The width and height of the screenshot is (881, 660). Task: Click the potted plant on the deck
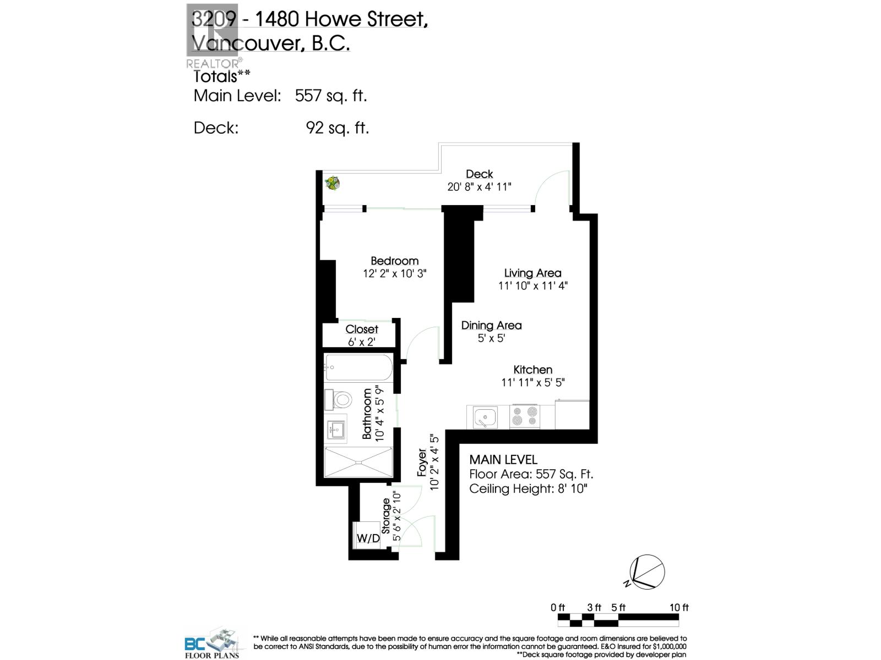pos(332,183)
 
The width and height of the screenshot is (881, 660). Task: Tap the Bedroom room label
pos(394,261)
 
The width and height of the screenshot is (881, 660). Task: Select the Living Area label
pos(532,273)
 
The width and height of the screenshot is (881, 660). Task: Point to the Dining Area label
pos(491,325)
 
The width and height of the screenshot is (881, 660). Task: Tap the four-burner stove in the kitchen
pos(524,416)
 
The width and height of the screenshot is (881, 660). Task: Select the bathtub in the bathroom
pos(358,367)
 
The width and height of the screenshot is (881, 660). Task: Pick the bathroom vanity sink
pos(335,430)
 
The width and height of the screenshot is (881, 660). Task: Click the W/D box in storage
pos(368,538)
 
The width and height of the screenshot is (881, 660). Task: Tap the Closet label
pos(362,329)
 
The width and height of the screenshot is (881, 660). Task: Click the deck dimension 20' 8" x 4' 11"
pos(479,187)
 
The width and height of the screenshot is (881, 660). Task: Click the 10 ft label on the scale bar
pos(679,608)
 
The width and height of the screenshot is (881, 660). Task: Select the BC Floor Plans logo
pos(213,642)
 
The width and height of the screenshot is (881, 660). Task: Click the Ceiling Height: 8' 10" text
pos(528,489)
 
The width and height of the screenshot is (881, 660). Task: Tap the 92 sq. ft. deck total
pos(337,128)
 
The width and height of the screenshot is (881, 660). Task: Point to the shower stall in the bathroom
pos(358,462)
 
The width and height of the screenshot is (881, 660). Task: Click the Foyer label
pos(422,463)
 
